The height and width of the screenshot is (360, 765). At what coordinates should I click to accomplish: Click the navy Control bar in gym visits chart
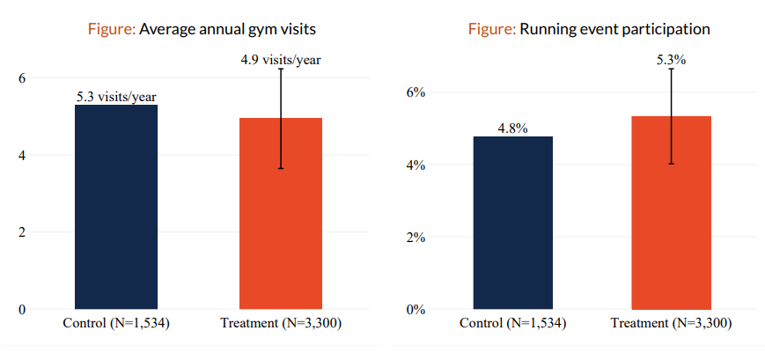point(115,207)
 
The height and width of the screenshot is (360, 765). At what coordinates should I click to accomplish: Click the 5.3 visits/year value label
point(115,97)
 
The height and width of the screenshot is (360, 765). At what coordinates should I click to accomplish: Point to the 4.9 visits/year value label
point(281,60)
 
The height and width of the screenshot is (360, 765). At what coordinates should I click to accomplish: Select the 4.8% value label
point(512,129)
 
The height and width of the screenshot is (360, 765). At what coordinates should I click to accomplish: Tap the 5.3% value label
point(671,60)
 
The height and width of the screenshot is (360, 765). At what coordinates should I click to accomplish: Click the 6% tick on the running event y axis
point(416,92)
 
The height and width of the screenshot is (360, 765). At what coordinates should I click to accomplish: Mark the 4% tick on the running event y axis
point(416,165)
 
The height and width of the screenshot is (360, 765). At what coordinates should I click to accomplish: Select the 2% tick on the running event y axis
point(416,237)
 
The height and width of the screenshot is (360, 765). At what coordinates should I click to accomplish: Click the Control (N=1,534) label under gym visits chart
point(115,324)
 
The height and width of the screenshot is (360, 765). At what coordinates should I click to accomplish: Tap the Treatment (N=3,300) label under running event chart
point(671,324)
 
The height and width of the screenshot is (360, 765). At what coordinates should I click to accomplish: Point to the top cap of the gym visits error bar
point(281,69)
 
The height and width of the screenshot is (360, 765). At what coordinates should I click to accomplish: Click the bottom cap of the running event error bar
point(671,164)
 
